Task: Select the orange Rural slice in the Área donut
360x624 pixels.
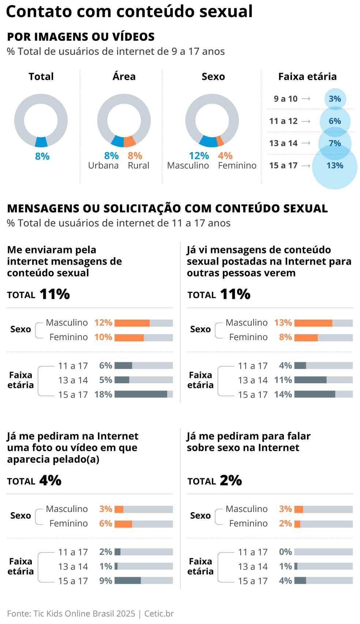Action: pos(130,141)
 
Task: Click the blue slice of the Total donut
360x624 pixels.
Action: pos(41,142)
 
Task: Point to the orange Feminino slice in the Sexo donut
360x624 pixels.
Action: pos(220,140)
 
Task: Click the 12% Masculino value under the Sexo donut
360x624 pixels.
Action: pos(199,156)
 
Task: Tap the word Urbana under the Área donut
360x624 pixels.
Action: pos(103,166)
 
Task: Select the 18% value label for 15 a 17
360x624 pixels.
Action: pos(103,395)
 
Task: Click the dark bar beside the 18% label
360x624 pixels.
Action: pos(141,394)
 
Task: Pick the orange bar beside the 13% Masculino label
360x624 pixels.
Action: pos(313,323)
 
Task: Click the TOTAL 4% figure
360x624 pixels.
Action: pos(50,481)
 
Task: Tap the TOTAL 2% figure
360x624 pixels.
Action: pos(231,481)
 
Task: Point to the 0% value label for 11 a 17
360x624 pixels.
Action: pos(285,552)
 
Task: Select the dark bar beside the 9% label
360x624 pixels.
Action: pos(128,581)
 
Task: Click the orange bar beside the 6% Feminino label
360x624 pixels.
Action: pos(123,524)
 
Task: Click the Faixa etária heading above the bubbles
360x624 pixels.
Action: pos(307,77)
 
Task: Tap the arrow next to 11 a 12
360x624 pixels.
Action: pos(306,121)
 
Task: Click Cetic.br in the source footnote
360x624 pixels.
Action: pos(159,614)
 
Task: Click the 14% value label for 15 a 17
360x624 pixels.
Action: pos(283,395)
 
